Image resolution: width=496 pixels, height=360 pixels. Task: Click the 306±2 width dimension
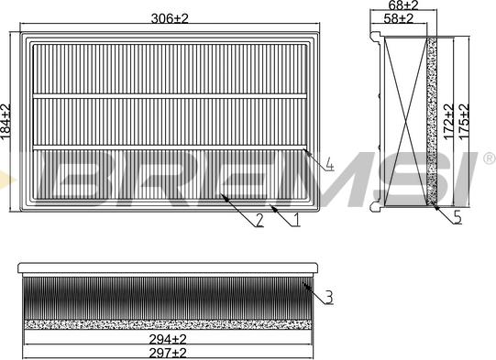(x=170, y=18)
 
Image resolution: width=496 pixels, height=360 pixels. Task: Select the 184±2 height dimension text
(x=6, y=121)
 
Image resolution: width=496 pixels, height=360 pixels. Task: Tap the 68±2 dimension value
(x=403, y=5)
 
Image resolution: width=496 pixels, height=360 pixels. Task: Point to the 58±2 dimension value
(x=399, y=18)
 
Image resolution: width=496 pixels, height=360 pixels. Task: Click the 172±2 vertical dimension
(x=448, y=122)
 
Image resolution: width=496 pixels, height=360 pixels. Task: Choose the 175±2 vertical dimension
(x=464, y=122)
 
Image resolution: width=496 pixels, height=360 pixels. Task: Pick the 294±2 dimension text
(x=168, y=340)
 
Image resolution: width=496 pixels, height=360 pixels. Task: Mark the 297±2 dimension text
(x=168, y=353)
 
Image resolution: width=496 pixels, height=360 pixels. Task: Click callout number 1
(x=296, y=220)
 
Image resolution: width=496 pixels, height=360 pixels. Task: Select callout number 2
(x=259, y=220)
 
